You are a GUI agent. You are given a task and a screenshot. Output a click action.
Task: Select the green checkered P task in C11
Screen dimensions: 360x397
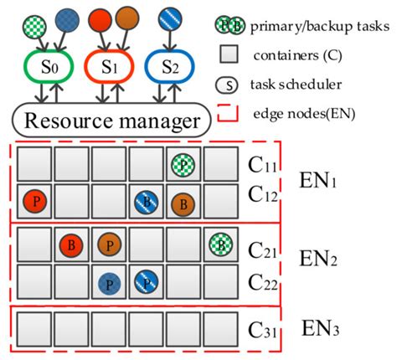click(183, 164)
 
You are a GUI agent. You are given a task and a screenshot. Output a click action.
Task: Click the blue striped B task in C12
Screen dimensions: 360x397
click(146, 202)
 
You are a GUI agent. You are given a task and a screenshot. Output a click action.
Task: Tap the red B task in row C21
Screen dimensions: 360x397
click(70, 245)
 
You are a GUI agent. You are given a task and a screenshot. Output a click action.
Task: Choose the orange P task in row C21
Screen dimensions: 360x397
click(108, 245)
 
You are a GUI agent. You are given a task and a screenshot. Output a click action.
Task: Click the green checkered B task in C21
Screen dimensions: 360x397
click(220, 245)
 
